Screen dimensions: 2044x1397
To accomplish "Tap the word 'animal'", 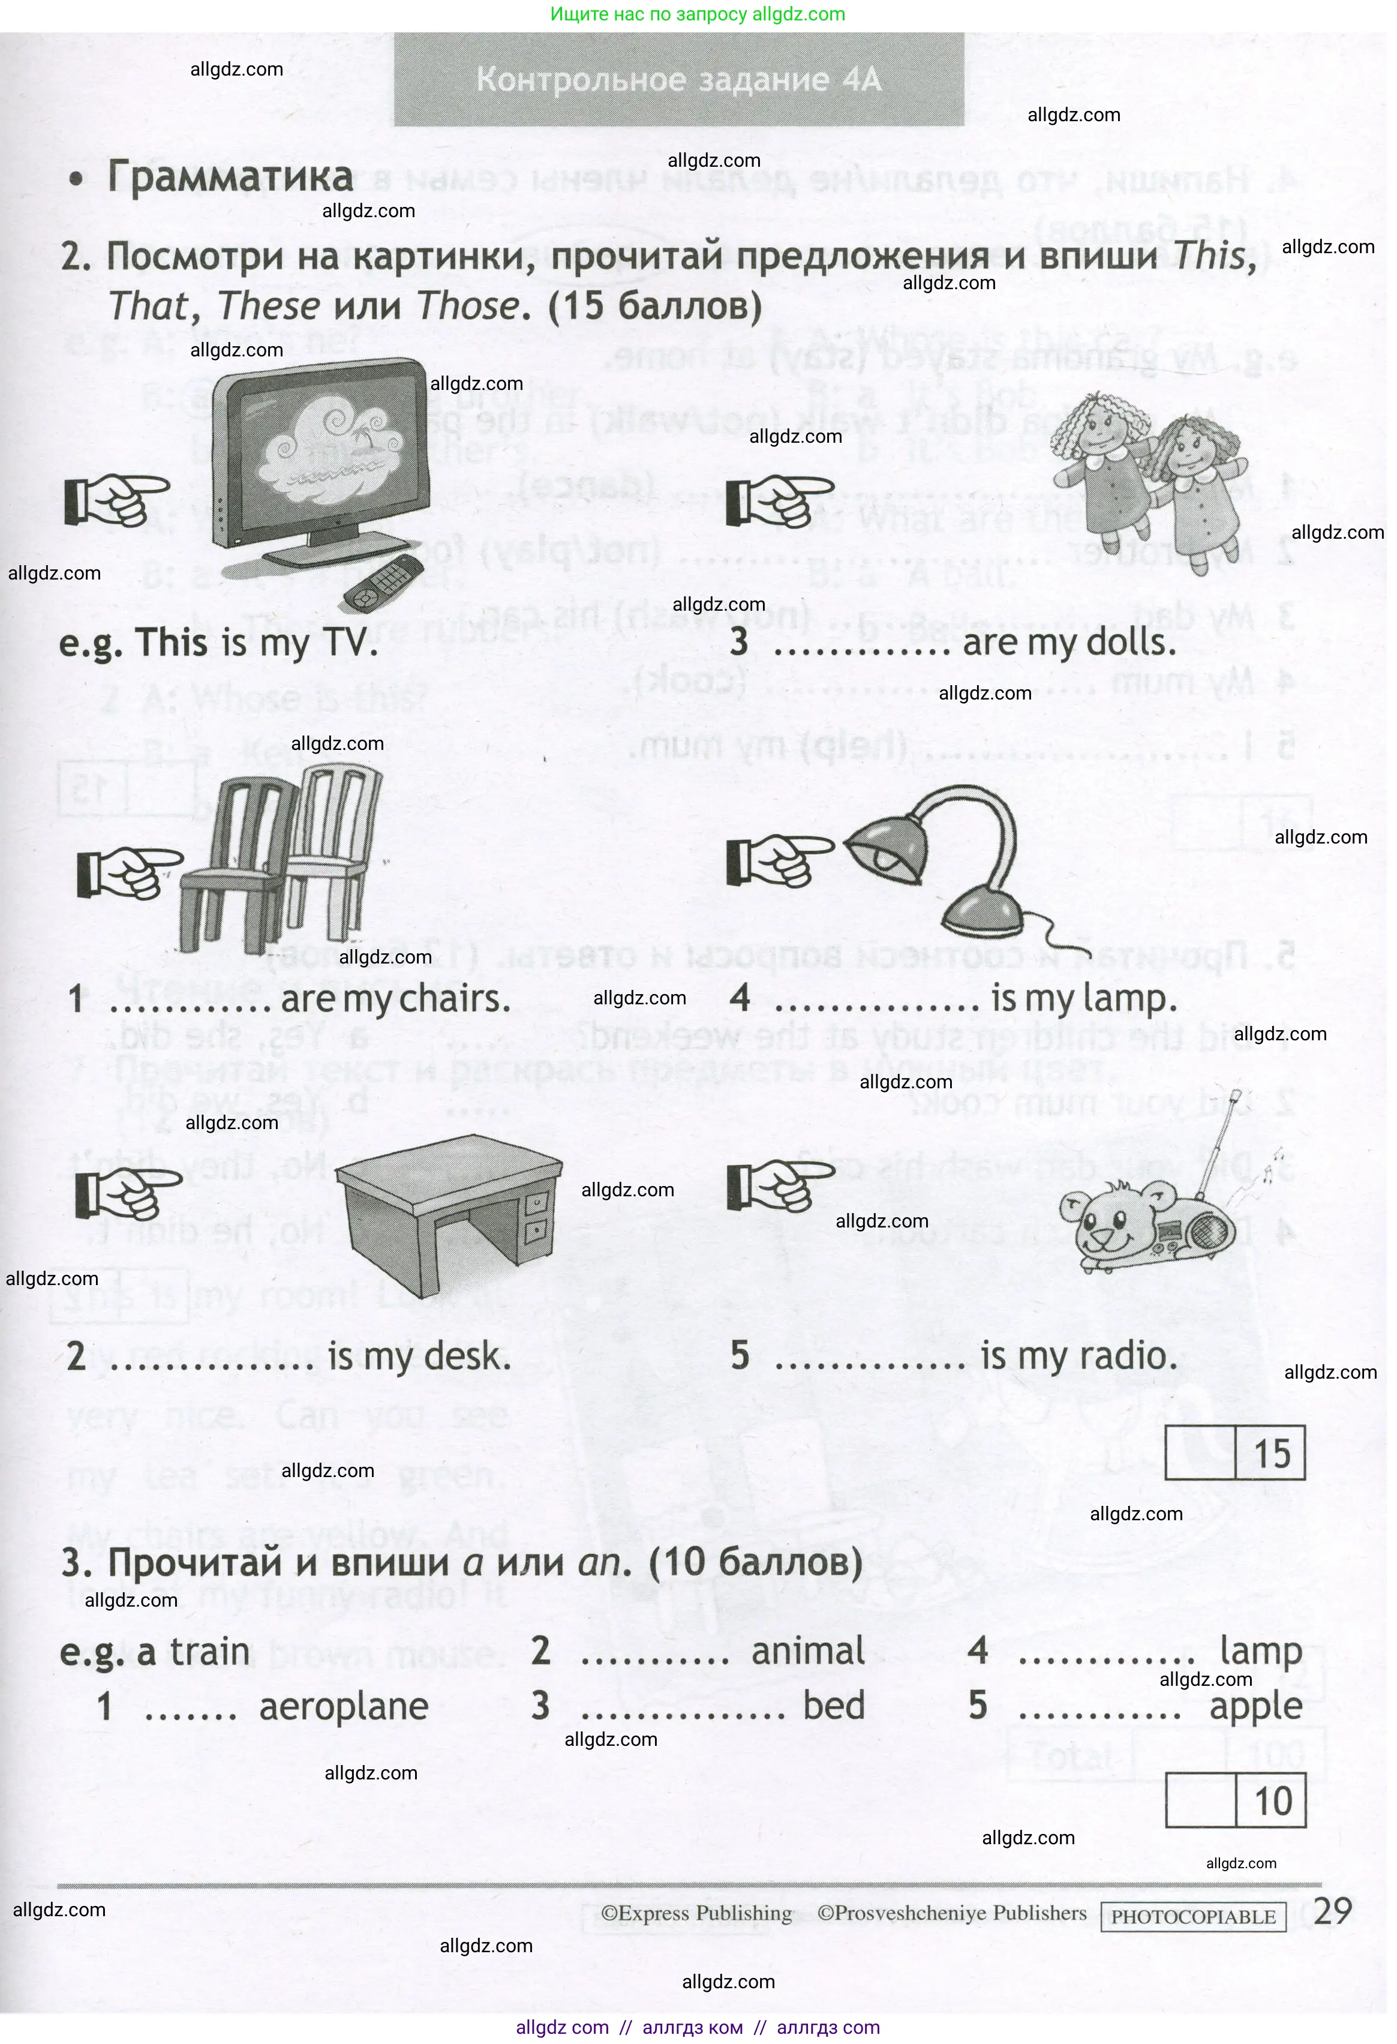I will [808, 1651].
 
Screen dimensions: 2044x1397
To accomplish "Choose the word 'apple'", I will [1255, 1707].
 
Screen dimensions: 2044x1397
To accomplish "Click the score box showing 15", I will [1234, 1453].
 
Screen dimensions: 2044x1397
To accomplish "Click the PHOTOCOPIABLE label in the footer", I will [1193, 1917].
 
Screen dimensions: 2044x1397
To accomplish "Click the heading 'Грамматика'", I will [230, 177].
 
